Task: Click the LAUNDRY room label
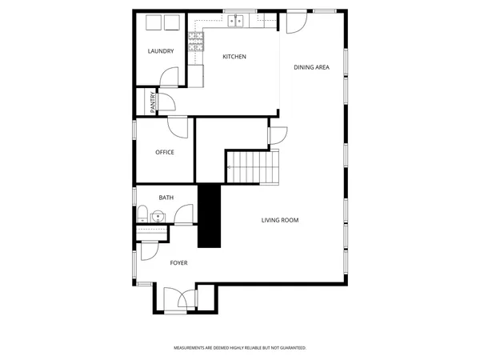(x=161, y=52)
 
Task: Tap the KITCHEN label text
(x=234, y=57)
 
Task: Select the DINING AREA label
(x=312, y=67)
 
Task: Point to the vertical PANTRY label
(x=152, y=102)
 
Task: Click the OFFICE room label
(x=165, y=152)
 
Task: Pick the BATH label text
(x=166, y=198)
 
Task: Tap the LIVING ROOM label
(x=280, y=220)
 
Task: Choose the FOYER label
(x=178, y=262)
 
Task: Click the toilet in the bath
(x=142, y=214)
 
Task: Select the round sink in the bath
(x=158, y=215)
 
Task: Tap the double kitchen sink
(x=234, y=22)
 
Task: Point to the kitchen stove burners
(x=194, y=42)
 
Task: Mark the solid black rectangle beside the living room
(x=209, y=216)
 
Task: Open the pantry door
(x=166, y=102)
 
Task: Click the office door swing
(x=178, y=126)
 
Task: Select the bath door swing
(x=185, y=214)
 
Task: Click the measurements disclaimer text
(x=240, y=348)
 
